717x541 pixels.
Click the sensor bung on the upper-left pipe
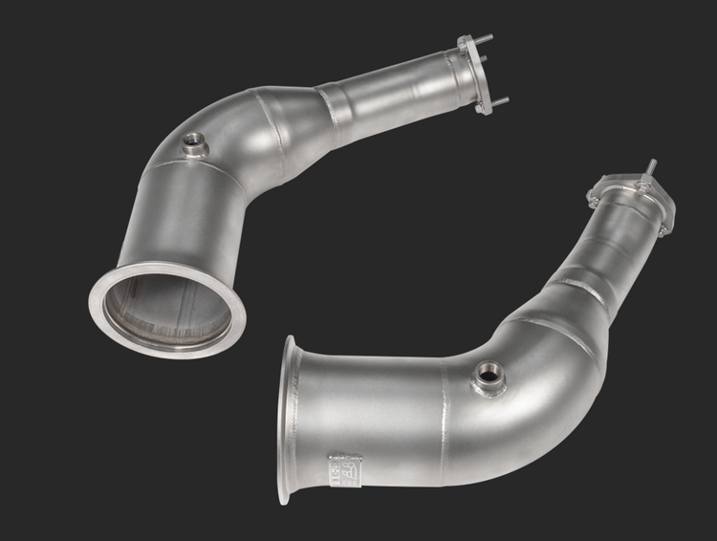[x=196, y=143]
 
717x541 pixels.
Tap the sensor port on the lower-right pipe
[x=489, y=375]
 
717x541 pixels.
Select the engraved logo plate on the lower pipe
[x=341, y=468]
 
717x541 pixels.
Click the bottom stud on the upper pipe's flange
[x=499, y=100]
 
